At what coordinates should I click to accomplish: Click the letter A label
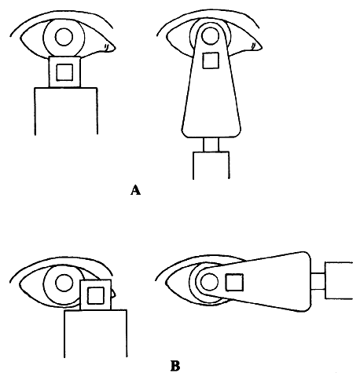coord(135,190)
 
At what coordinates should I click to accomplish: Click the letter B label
coord(175,366)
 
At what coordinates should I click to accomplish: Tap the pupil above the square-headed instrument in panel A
coord(64,37)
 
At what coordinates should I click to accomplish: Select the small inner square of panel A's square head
coord(64,72)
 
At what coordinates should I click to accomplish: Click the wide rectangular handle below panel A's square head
coord(66,112)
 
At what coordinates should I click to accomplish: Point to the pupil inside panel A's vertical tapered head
coord(210,35)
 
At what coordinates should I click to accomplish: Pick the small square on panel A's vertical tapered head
coord(211,60)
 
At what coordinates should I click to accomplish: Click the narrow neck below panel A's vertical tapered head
coord(211,144)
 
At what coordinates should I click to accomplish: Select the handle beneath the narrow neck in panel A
coord(211,165)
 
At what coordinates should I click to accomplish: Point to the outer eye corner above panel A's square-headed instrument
coord(21,38)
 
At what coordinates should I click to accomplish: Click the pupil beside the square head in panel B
coord(64,283)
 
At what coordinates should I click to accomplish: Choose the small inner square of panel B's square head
coord(96,295)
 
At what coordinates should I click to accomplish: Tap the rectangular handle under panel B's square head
coord(96,334)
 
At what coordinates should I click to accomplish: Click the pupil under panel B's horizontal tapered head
coord(210,282)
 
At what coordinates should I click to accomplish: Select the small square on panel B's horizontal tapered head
coord(234,283)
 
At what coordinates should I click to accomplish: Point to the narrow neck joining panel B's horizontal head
coord(318,281)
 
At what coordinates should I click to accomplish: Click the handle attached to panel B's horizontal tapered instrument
coord(339,280)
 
